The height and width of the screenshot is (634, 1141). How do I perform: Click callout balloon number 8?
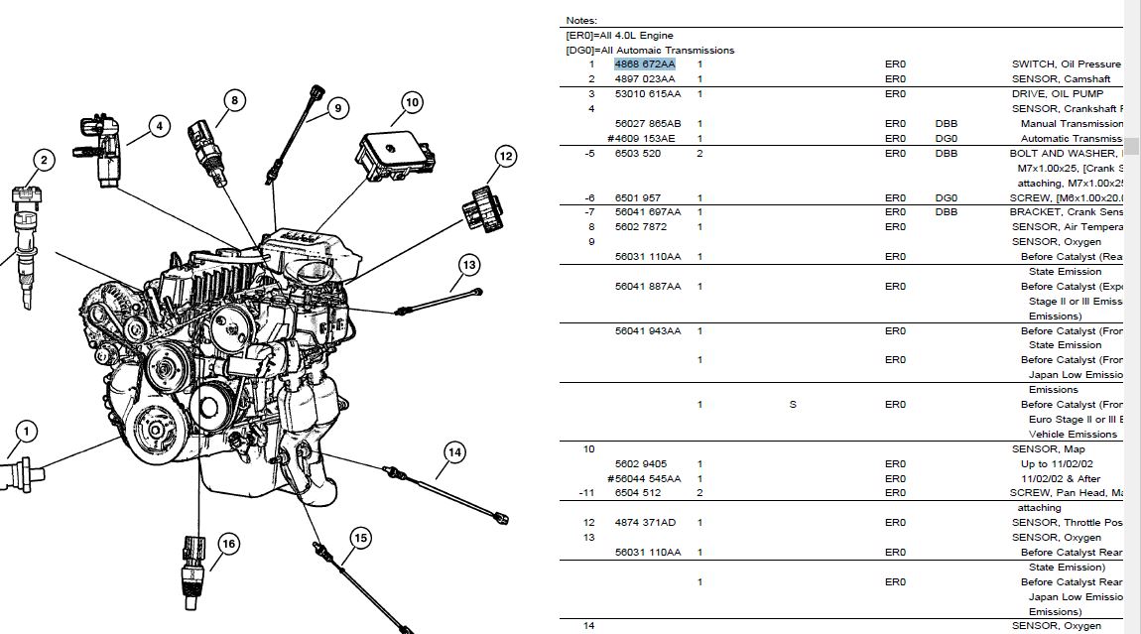click(234, 100)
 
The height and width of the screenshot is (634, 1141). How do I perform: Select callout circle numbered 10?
click(412, 101)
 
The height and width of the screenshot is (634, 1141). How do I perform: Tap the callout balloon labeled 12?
click(506, 156)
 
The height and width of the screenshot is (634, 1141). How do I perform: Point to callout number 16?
click(228, 544)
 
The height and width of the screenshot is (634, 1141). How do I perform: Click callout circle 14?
click(454, 452)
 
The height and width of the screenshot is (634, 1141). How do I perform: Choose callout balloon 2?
click(44, 160)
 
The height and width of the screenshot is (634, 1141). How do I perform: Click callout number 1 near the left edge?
click(26, 432)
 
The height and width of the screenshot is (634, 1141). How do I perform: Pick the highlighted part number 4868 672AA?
click(644, 64)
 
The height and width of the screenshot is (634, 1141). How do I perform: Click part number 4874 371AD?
click(645, 522)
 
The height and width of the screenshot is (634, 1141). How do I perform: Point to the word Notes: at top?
click(581, 20)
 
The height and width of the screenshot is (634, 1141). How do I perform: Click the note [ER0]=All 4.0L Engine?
click(619, 36)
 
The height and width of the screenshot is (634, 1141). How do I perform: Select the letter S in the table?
click(793, 404)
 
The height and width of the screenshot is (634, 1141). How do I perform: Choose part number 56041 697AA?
click(647, 212)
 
